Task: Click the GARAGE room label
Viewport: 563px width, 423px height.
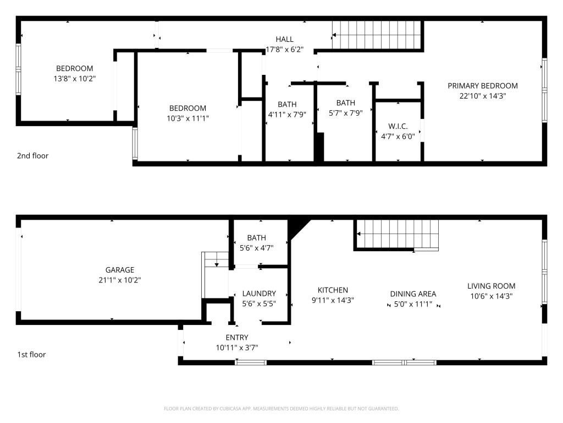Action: pos(119,270)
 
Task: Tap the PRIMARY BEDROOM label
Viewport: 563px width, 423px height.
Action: pos(483,85)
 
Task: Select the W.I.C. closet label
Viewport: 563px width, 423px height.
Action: pos(398,126)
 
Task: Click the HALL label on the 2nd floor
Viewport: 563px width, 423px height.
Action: pos(284,39)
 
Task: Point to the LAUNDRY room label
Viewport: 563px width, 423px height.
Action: pos(259,294)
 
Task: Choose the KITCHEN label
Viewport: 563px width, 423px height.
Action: pos(333,290)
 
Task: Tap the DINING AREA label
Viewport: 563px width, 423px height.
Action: pos(413,294)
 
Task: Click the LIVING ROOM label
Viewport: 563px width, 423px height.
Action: pos(491,286)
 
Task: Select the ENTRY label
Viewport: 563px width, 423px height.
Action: pos(237,338)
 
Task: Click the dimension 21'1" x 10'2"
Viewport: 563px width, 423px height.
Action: pos(119,280)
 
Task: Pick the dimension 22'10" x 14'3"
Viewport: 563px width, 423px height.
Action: pos(483,96)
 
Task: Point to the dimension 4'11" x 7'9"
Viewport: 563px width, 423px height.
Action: pos(287,115)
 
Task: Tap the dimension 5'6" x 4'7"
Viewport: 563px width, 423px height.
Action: pos(256,248)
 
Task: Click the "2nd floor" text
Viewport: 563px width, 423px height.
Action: pos(32,156)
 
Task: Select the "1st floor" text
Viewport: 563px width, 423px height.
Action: pos(31,355)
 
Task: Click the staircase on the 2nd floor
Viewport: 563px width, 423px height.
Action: pos(376,35)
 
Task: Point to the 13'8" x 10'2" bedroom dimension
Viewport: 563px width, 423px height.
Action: pos(75,78)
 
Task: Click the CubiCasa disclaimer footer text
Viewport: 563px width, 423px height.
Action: pos(281,409)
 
